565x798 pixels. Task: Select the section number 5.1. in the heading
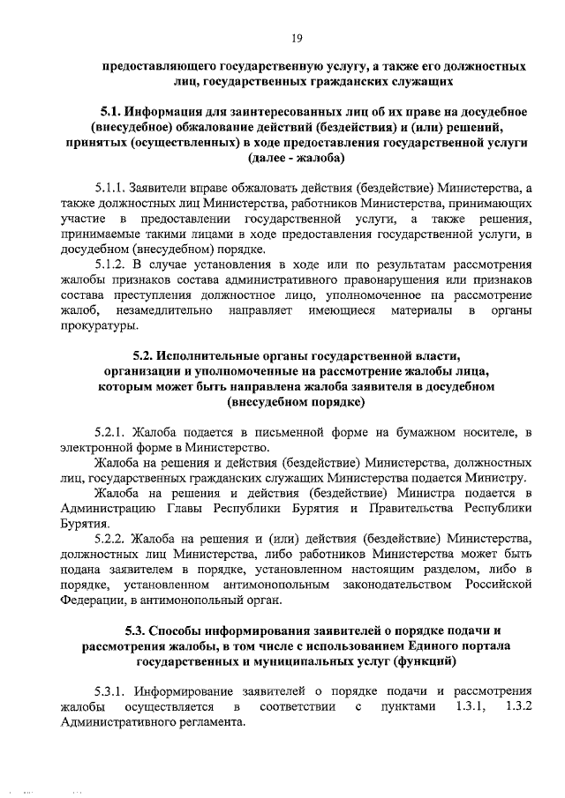click(x=109, y=113)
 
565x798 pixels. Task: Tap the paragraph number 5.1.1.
click(x=109, y=188)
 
